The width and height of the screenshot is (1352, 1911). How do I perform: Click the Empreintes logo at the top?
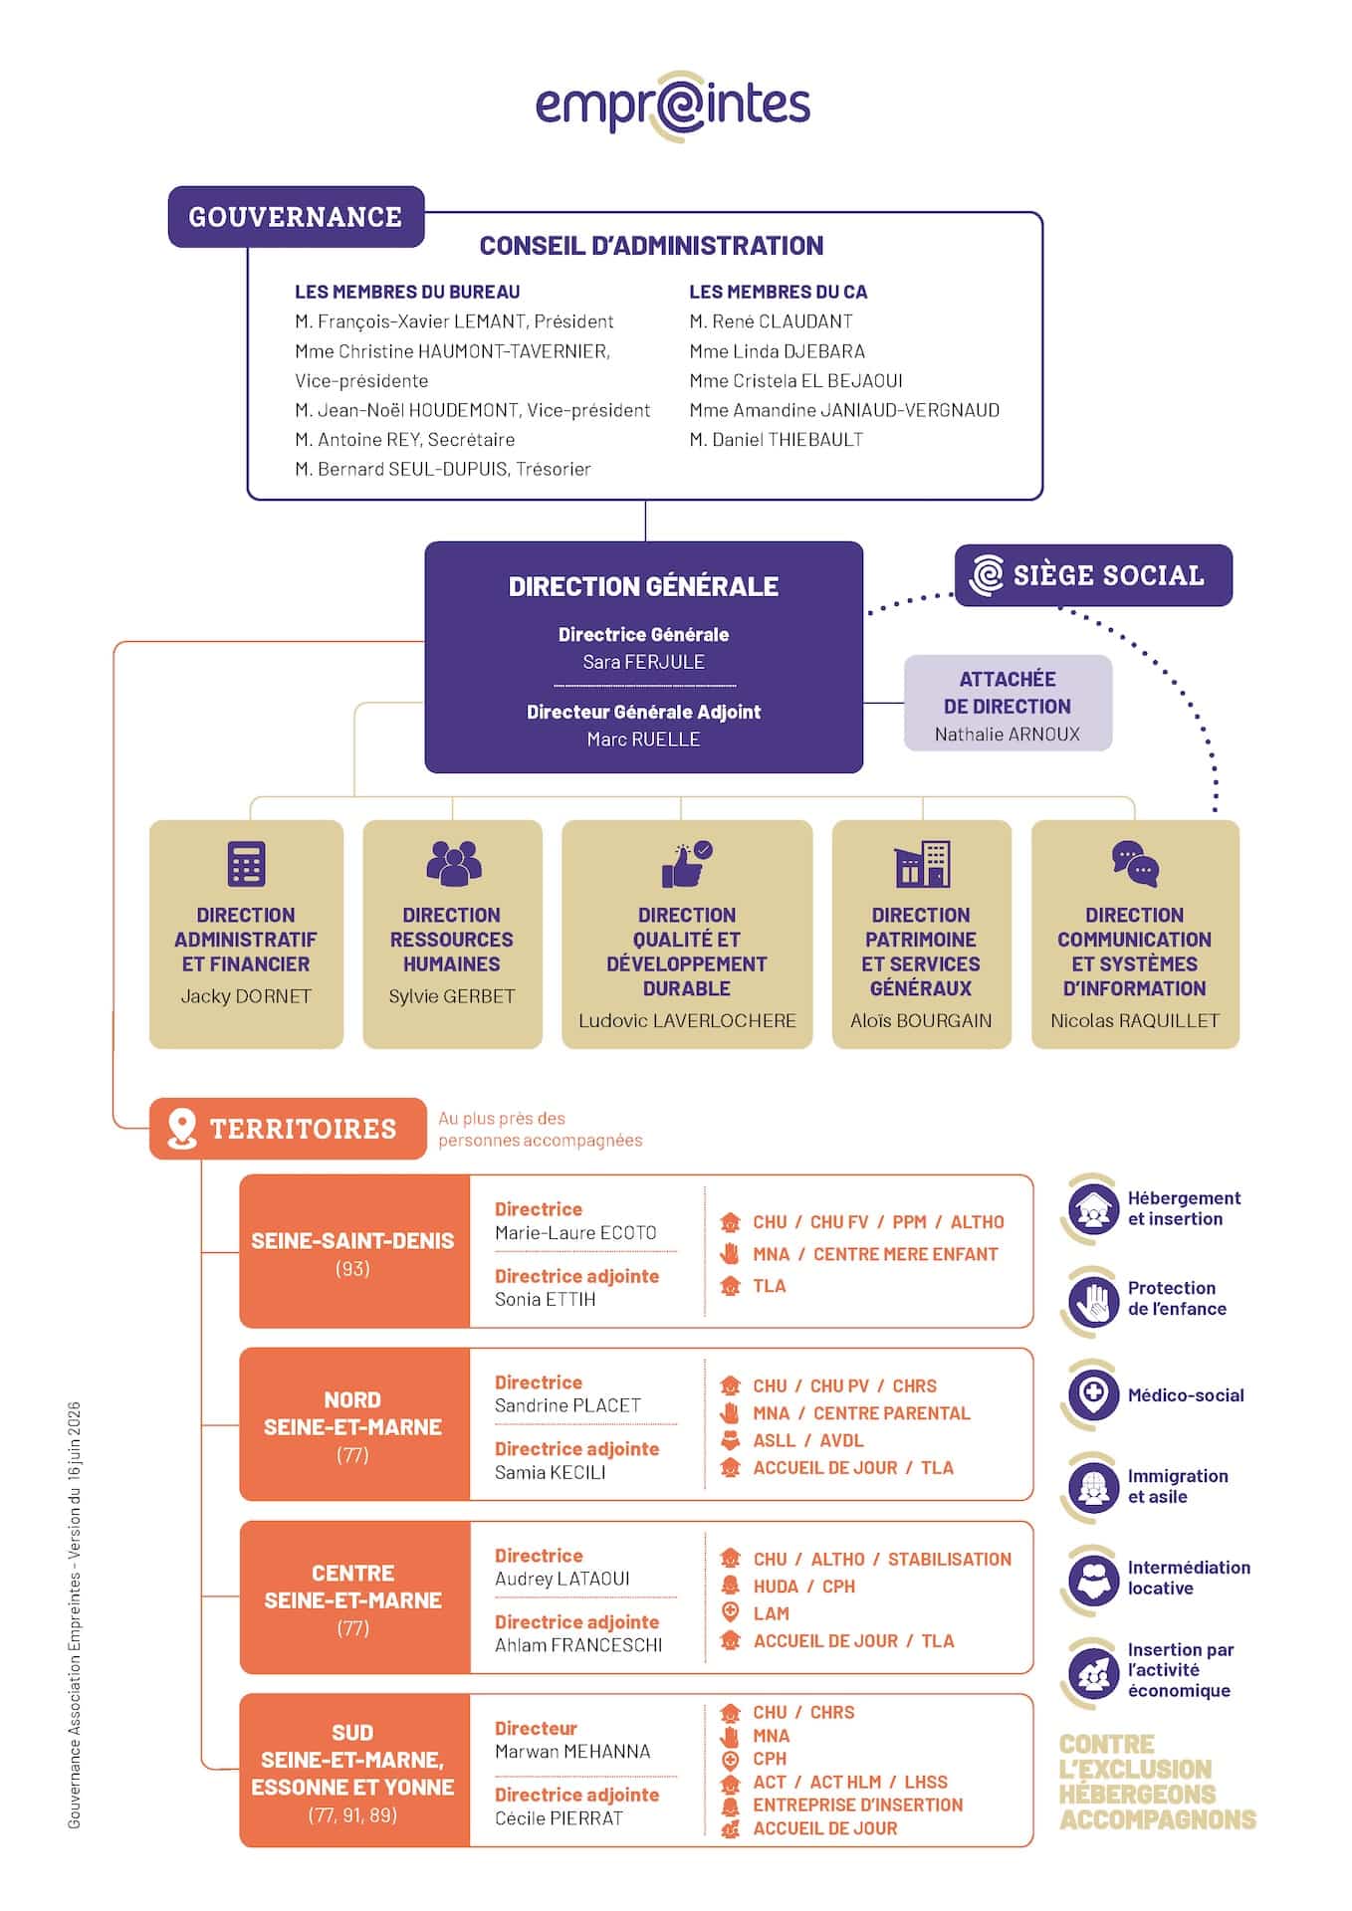(x=673, y=106)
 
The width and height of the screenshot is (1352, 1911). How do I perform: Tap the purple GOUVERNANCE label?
(x=296, y=217)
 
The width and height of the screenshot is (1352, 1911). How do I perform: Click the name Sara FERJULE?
(x=643, y=662)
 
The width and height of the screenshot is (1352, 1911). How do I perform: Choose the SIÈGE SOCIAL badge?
(x=1093, y=575)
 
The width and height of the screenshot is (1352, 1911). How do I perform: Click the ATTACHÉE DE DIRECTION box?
(x=1008, y=703)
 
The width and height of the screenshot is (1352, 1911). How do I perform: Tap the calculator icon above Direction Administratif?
(x=246, y=864)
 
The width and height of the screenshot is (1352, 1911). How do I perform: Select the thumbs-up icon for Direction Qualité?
(x=687, y=864)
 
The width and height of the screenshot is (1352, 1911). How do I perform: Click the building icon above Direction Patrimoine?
(x=922, y=864)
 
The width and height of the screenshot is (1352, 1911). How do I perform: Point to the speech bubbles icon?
(x=1135, y=864)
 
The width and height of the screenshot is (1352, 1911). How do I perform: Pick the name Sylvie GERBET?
(x=452, y=996)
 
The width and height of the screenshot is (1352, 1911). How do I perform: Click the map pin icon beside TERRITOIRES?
(x=181, y=1129)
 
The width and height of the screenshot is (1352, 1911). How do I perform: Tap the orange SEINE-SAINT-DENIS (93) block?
(x=354, y=1251)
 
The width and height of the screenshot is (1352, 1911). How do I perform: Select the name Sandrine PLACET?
(x=567, y=1405)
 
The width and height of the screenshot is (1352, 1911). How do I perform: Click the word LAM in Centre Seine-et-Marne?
(x=771, y=1613)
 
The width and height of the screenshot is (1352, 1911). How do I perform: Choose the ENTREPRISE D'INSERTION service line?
(x=857, y=1805)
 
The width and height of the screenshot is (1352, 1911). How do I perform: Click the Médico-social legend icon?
(x=1093, y=1394)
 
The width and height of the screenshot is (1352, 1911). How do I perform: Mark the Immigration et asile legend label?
(x=1178, y=1486)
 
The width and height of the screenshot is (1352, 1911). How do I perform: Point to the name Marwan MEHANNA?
(x=572, y=1752)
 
